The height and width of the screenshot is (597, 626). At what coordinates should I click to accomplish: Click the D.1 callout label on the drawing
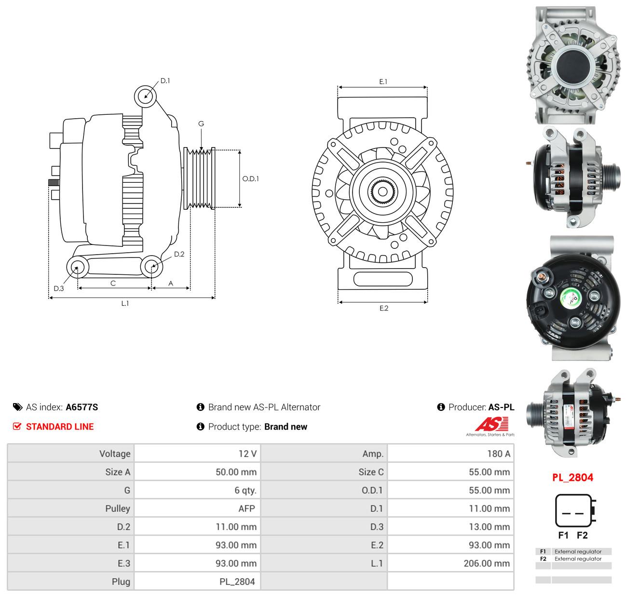click(165, 81)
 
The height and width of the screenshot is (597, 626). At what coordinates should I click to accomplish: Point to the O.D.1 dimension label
click(250, 178)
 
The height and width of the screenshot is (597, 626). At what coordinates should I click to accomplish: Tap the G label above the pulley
click(201, 123)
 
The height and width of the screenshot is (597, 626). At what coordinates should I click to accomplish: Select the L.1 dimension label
click(125, 303)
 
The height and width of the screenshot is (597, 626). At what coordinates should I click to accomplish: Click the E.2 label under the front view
click(384, 308)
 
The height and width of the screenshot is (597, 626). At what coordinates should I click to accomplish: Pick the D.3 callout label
click(58, 288)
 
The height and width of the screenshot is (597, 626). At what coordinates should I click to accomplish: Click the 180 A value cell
click(450, 453)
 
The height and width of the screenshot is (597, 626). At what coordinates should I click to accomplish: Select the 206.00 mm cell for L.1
click(450, 563)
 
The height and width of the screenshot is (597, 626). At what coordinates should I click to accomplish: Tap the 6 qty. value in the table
click(197, 490)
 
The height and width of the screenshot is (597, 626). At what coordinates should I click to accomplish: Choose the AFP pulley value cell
click(197, 508)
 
